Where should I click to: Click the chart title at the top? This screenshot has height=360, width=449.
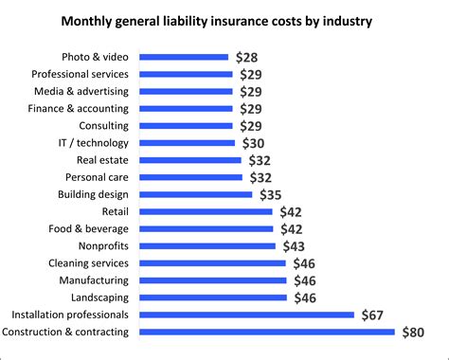[224, 20]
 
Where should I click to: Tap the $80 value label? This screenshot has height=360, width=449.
[414, 332]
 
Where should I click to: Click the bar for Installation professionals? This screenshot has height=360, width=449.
[247, 315]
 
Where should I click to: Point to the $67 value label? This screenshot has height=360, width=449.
[373, 315]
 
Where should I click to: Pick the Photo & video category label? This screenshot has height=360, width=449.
[100, 57]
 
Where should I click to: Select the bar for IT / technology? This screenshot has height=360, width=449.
[188, 143]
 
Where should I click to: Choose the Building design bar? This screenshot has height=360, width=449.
[196, 194]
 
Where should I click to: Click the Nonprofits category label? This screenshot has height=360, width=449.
[104, 245]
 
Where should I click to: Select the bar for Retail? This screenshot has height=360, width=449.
[207, 211]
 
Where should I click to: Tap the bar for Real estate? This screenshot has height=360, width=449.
[191, 160]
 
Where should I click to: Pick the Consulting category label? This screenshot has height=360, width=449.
[103, 126]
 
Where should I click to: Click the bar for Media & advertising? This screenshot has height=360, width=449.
[186, 91]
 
